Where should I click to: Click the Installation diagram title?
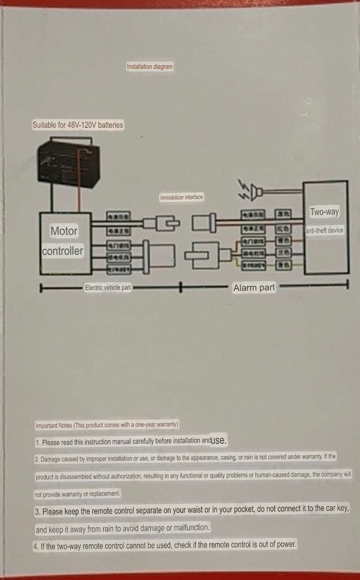149,67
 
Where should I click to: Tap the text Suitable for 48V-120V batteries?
77,125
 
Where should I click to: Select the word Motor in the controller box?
64,231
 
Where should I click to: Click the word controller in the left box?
63,251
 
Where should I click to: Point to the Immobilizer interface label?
181,197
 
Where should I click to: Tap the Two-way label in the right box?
325,212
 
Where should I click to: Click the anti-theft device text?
325,231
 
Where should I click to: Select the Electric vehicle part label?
108,287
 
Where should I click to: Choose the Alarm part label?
254,288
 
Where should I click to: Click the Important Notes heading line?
106,425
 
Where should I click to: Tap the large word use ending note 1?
219,440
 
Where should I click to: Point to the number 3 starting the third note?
38,512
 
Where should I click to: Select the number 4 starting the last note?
35,546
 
